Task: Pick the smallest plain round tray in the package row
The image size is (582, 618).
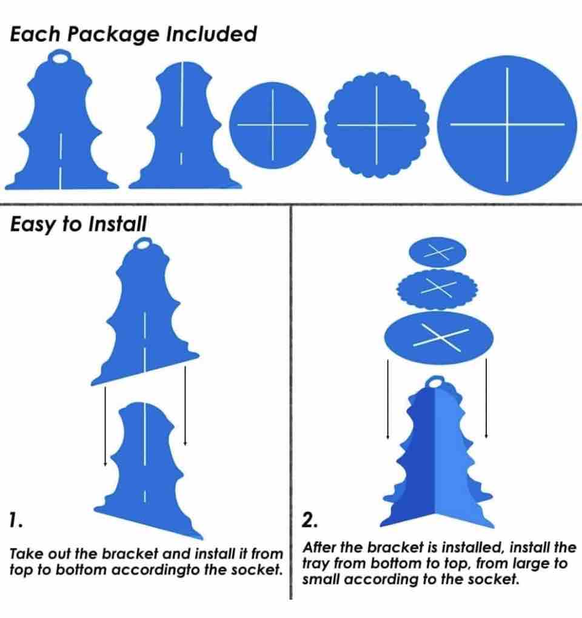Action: [273, 125]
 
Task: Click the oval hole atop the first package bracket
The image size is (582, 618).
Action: [60, 58]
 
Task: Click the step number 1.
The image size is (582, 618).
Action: [16, 520]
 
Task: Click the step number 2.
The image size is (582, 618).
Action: [309, 520]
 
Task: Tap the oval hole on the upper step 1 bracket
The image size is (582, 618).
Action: [144, 244]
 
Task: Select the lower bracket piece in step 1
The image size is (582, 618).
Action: [148, 469]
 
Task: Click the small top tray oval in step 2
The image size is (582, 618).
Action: [438, 252]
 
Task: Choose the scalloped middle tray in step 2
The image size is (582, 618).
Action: [437, 289]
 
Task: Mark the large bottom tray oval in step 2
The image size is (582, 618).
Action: [438, 338]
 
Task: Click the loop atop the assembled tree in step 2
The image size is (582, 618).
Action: [435, 381]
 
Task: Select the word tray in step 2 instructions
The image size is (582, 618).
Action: [316, 564]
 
